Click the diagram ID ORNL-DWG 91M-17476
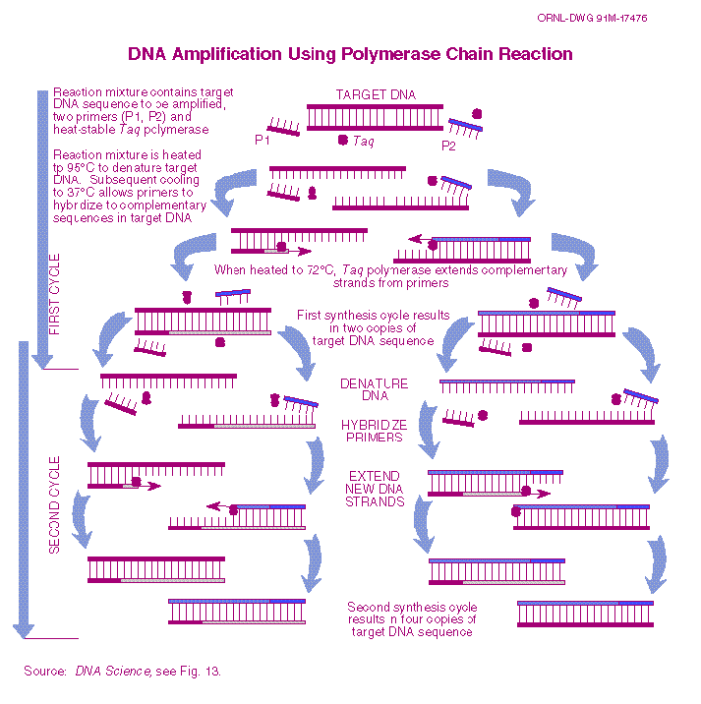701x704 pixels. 606,19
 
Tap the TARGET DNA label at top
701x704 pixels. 376,94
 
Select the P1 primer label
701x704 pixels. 263,140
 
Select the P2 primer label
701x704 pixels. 448,147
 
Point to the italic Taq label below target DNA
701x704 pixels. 363,141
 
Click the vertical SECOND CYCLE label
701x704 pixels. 54,503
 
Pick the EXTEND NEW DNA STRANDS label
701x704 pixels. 374,489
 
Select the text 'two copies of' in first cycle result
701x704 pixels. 374,328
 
